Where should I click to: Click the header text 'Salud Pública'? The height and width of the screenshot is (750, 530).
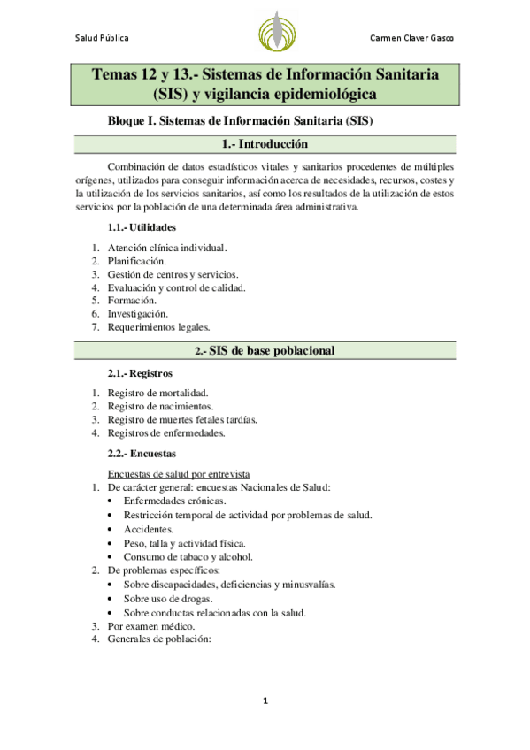point(102,38)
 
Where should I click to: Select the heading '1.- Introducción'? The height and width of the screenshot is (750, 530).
point(265,143)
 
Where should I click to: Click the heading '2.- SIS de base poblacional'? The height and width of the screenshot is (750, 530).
point(265,352)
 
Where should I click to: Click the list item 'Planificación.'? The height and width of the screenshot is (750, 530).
point(137,262)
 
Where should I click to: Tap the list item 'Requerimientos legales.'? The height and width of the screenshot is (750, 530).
point(159,326)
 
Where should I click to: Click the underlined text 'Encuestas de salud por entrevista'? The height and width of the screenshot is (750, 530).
point(180,474)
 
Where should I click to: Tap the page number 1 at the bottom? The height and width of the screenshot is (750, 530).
point(265,701)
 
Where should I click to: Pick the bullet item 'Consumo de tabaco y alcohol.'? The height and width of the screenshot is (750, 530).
point(188,557)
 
